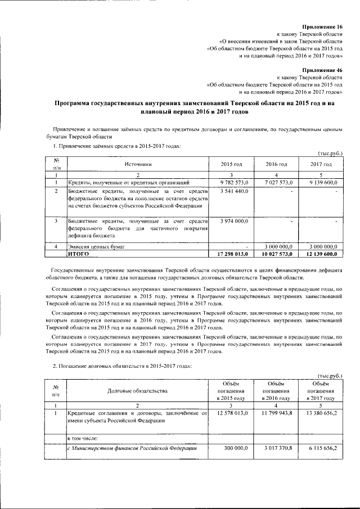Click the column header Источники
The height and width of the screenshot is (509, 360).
pyautogui.click(x=138, y=164)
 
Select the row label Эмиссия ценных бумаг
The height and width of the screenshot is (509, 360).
pyautogui.click(x=96, y=246)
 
